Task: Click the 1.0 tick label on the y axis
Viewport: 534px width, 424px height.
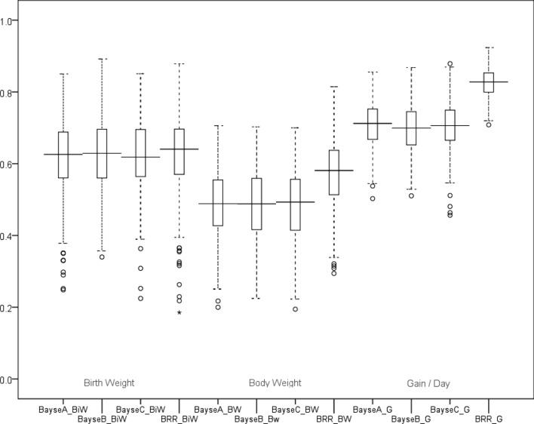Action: coord(8,20)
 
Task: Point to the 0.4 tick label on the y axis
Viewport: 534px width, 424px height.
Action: coord(8,236)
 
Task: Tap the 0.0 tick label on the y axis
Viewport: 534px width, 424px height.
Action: coord(8,379)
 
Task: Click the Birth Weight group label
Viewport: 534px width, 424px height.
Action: coord(109,383)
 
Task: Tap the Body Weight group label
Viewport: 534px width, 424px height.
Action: coord(275,383)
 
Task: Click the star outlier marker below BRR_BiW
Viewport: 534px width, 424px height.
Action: coord(180,312)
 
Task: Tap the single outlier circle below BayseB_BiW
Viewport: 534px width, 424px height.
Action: coord(102,257)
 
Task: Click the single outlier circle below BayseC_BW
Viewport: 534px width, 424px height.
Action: coord(296,309)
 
